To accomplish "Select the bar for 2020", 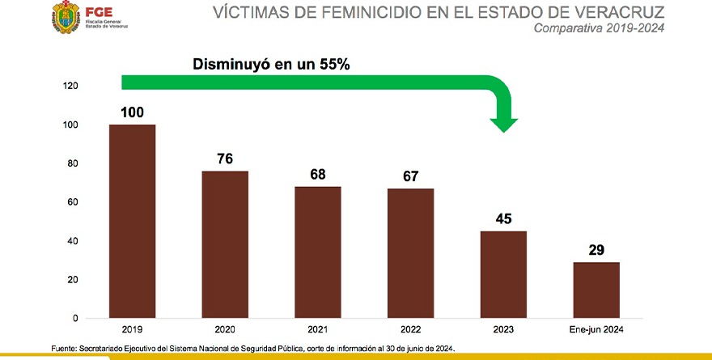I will pos(225,244).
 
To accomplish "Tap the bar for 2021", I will pos(318,252).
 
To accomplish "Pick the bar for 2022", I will pos(411,253).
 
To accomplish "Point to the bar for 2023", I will pos(503,274).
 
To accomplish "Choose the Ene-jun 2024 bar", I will pos(596,290).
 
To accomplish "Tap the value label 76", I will pos(225,159).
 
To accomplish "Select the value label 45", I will pos(503,218).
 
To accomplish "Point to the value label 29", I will pos(596,250).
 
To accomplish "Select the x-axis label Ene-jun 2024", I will pos(596,330).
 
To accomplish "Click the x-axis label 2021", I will pos(318,330).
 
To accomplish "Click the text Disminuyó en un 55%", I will pos(270,64).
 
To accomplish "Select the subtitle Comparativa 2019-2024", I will pos(600,30).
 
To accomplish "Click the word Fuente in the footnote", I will pos(62,348).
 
